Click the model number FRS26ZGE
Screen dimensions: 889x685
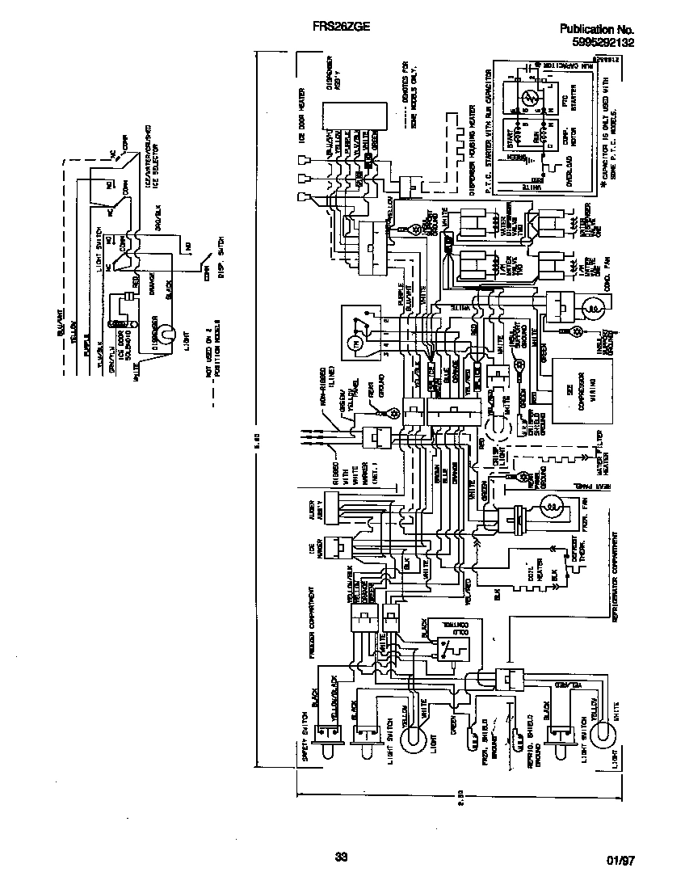[x=341, y=27]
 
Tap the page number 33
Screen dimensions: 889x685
[x=340, y=857]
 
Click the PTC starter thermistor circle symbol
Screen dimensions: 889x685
[x=526, y=99]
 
